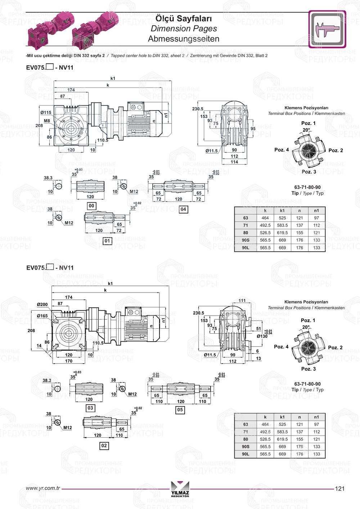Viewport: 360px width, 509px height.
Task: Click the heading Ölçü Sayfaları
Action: pyautogui.click(x=184, y=18)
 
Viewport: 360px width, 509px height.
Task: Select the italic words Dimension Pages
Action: pyautogui.click(x=184, y=28)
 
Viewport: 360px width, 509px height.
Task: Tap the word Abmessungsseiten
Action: pyautogui.click(x=184, y=39)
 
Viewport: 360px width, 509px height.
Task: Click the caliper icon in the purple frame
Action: pyautogui.click(x=327, y=29)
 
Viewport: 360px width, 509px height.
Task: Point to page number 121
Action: pyautogui.click(x=339, y=488)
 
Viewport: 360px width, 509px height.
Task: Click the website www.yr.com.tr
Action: pyautogui.click(x=43, y=488)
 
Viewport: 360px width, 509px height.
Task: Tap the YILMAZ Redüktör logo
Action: pyautogui.click(x=180, y=489)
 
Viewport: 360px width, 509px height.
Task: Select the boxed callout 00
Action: pyautogui.click(x=91, y=206)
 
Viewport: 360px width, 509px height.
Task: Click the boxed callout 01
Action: pyautogui.click(x=107, y=241)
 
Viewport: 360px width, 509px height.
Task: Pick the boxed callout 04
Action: pyautogui.click(x=183, y=209)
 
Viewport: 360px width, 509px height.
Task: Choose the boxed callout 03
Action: pyautogui.click(x=90, y=408)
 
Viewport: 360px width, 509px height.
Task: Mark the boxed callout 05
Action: pyautogui.click(x=180, y=410)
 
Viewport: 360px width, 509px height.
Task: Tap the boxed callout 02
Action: pyautogui.click(x=104, y=446)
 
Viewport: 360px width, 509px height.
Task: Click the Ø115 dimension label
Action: pyautogui.click(x=46, y=113)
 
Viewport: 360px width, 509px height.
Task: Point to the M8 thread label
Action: pyautogui.click(x=47, y=121)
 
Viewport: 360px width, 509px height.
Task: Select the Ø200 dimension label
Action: pyautogui.click(x=42, y=305)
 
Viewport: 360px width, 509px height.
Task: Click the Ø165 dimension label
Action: pyautogui.click(x=42, y=316)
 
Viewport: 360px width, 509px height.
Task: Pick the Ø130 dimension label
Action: pyautogui.click(x=262, y=336)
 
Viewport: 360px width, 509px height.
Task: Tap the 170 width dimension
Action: pyautogui.click(x=68, y=361)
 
